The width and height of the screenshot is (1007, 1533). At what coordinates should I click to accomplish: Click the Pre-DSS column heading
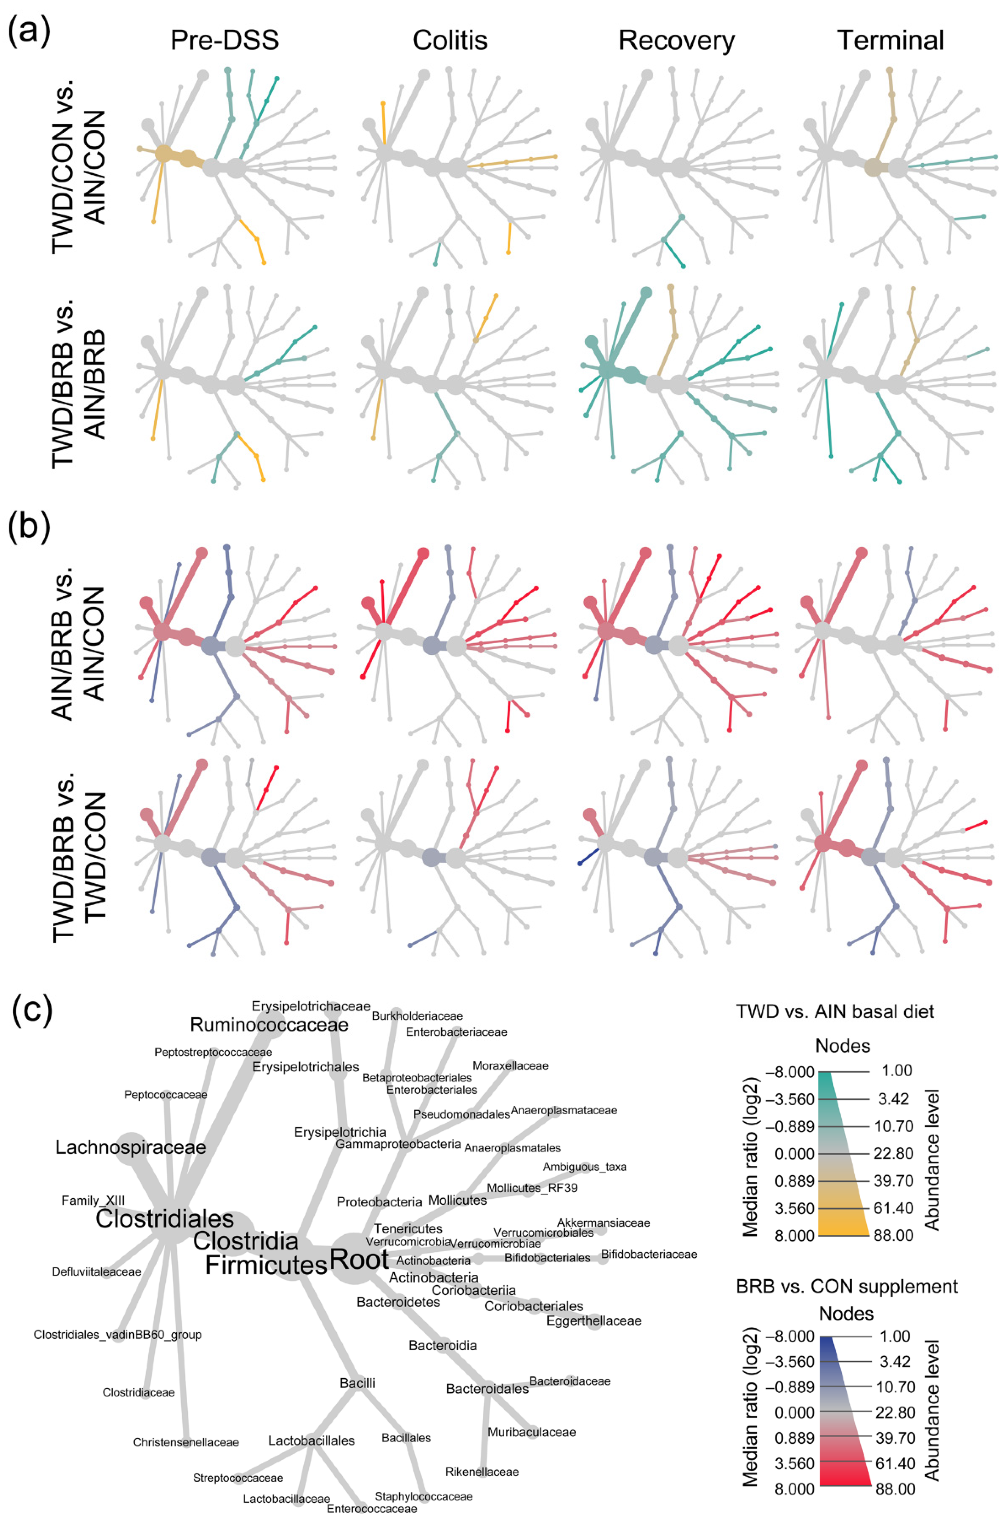click(224, 41)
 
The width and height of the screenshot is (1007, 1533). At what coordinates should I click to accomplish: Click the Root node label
click(359, 1259)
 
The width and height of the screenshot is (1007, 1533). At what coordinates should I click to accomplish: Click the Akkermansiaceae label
click(603, 1223)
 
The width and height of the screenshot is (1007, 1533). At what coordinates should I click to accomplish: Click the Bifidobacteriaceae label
click(649, 1254)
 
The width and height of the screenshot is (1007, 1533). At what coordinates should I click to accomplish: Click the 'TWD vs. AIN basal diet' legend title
click(835, 1012)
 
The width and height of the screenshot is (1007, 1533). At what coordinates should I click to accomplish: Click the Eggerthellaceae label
click(594, 1321)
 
